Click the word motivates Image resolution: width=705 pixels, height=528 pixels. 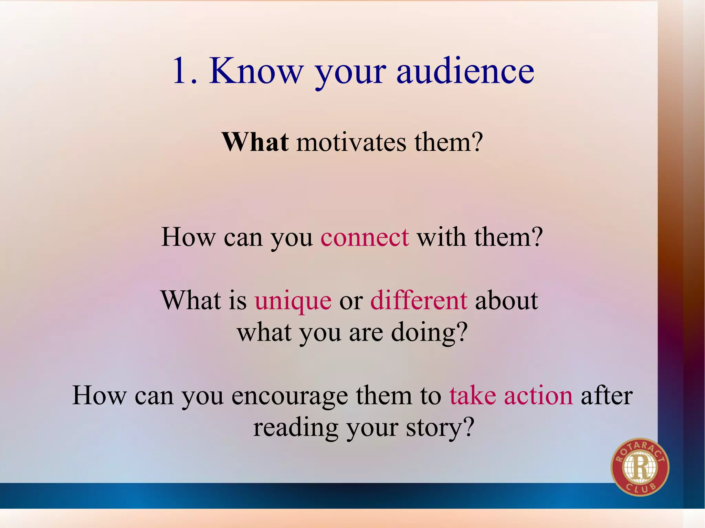(x=351, y=142)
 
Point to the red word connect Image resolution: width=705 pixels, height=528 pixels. (x=365, y=237)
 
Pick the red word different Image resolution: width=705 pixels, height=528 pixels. (x=419, y=300)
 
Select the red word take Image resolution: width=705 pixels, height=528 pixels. (x=473, y=395)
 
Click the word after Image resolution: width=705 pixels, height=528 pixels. (x=607, y=395)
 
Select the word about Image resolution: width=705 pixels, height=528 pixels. (x=506, y=300)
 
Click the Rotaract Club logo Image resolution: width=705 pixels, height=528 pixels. (x=640, y=467)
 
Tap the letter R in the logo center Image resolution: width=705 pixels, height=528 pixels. (x=640, y=467)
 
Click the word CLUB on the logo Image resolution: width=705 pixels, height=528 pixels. (x=641, y=488)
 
